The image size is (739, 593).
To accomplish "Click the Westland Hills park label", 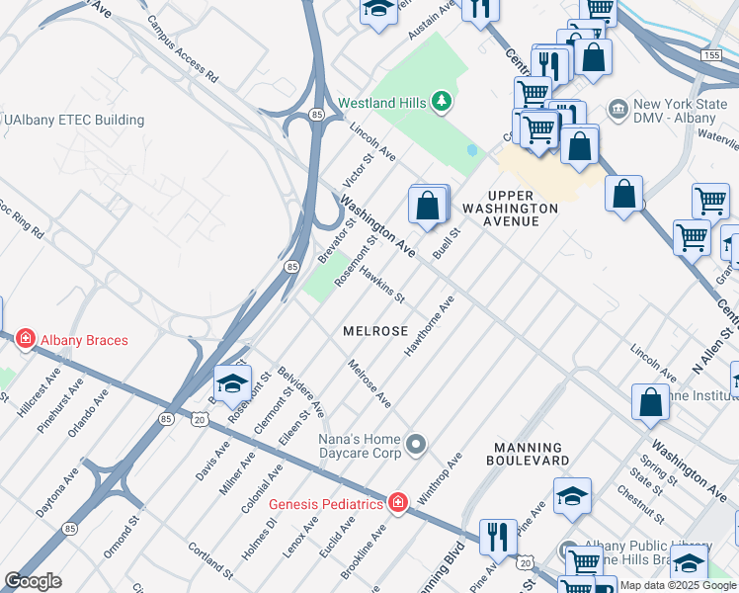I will tap(381, 103).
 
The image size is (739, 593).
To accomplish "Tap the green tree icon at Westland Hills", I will tap(442, 102).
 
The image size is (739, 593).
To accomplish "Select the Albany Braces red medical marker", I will tap(25, 340).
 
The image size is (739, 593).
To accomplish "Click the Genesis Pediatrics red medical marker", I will tap(398, 504).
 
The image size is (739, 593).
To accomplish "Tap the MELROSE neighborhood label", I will tap(374, 332).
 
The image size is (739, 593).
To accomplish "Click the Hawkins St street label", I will tap(382, 284).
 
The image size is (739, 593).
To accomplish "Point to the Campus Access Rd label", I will tap(183, 46).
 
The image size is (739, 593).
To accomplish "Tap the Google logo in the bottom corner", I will tap(34, 581).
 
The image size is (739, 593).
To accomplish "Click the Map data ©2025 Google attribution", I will tap(679, 585).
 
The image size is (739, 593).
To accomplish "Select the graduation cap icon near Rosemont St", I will tap(232, 382).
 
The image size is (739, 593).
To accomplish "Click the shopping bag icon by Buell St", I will tap(427, 207).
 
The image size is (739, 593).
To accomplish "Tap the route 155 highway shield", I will tap(712, 56).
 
